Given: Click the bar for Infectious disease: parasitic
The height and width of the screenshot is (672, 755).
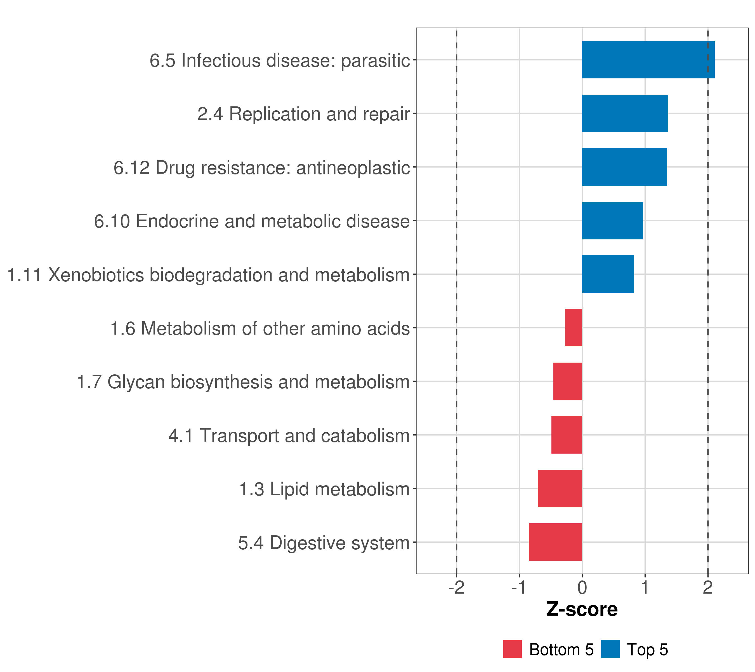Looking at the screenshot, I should [648, 60].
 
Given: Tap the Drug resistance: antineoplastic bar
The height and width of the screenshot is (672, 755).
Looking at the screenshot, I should [624, 167].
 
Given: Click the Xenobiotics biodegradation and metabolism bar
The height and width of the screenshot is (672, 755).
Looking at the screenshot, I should [608, 274].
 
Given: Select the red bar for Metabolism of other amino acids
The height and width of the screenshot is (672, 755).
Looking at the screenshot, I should [574, 328].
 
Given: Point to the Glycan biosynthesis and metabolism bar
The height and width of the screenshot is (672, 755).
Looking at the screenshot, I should [568, 381].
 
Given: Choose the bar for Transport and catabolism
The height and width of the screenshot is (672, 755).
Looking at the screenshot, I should [567, 435].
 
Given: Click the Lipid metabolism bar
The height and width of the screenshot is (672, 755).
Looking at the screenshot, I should [560, 489].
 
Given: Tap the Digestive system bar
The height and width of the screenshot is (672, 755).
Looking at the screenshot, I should [556, 542].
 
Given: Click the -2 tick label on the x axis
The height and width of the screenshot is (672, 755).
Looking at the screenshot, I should [457, 587].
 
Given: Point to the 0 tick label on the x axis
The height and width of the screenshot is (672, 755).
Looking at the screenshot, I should [582, 587].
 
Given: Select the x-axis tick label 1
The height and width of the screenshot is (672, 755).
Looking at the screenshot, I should [645, 587].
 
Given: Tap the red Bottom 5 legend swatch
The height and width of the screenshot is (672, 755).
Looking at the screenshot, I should [512, 649].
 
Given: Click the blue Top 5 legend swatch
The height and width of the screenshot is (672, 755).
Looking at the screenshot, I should [610, 649].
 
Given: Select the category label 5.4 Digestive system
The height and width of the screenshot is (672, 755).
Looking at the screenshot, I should [324, 543].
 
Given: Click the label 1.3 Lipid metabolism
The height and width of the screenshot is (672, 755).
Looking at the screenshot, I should [324, 489].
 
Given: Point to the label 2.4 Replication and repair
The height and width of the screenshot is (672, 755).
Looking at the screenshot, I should [304, 114].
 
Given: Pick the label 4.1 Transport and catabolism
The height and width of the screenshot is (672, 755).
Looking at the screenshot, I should [289, 436].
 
